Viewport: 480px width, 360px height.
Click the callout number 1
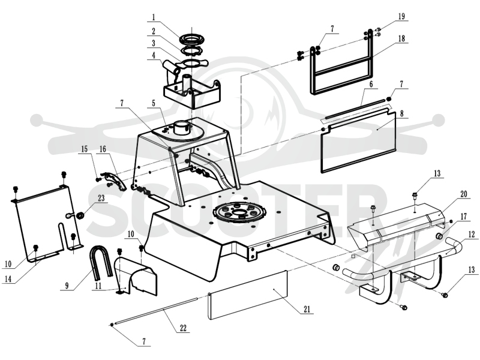(154, 17)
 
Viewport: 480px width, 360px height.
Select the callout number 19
(401, 16)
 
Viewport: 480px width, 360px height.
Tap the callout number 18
(401, 38)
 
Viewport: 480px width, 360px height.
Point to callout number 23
(101, 198)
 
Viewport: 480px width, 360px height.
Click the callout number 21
(307, 309)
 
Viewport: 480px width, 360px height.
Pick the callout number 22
(183, 328)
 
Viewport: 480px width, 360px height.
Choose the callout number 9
(67, 286)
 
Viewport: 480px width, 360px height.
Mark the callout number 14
(8, 280)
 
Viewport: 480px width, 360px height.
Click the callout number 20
(463, 194)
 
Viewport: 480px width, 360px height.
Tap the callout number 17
(463, 217)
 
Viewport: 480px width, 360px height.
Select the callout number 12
(472, 235)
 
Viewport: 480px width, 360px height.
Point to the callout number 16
(103, 149)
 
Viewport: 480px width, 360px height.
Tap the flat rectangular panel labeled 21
(247, 295)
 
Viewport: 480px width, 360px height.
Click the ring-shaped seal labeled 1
(193, 39)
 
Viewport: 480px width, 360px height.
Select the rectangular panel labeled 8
(358, 141)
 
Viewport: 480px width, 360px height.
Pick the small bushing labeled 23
(80, 215)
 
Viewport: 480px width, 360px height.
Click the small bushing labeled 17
(440, 236)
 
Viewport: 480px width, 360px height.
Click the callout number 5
(154, 103)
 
